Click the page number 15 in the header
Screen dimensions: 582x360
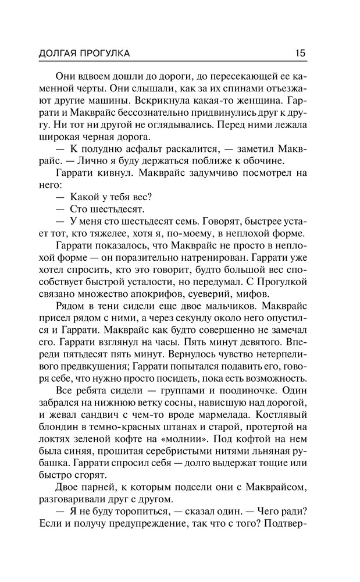300,53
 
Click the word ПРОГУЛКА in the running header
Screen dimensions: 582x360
103,54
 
